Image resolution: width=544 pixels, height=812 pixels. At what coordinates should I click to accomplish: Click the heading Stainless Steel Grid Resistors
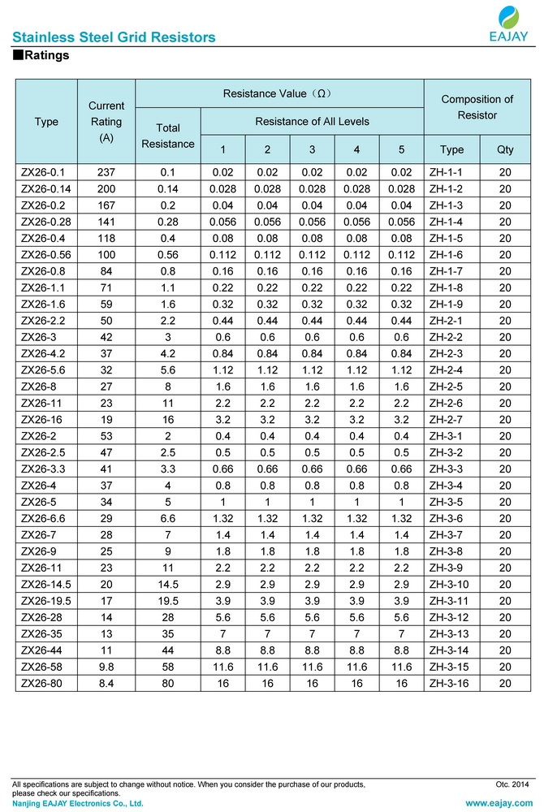(x=114, y=37)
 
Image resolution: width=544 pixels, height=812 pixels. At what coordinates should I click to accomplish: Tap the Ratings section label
(x=41, y=56)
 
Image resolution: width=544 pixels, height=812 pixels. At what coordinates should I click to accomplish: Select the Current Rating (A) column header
(x=106, y=122)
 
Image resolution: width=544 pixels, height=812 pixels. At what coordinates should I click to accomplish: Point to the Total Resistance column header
(x=168, y=136)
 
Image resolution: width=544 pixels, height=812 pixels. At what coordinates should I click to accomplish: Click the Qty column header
(x=505, y=150)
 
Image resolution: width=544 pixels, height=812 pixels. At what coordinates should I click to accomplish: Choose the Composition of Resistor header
(x=477, y=107)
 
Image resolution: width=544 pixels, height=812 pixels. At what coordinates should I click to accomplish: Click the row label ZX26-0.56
(x=47, y=255)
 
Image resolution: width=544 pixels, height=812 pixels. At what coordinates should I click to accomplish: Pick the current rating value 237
(x=106, y=172)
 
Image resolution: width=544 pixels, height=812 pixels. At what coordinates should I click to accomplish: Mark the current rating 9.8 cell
(x=106, y=667)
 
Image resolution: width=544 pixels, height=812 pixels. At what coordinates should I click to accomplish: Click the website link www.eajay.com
(x=498, y=803)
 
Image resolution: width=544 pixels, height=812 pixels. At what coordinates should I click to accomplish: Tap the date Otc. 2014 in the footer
(x=512, y=784)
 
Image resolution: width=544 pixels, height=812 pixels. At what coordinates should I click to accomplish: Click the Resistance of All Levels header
(x=312, y=122)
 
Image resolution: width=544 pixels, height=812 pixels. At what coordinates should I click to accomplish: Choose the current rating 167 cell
(x=106, y=205)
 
